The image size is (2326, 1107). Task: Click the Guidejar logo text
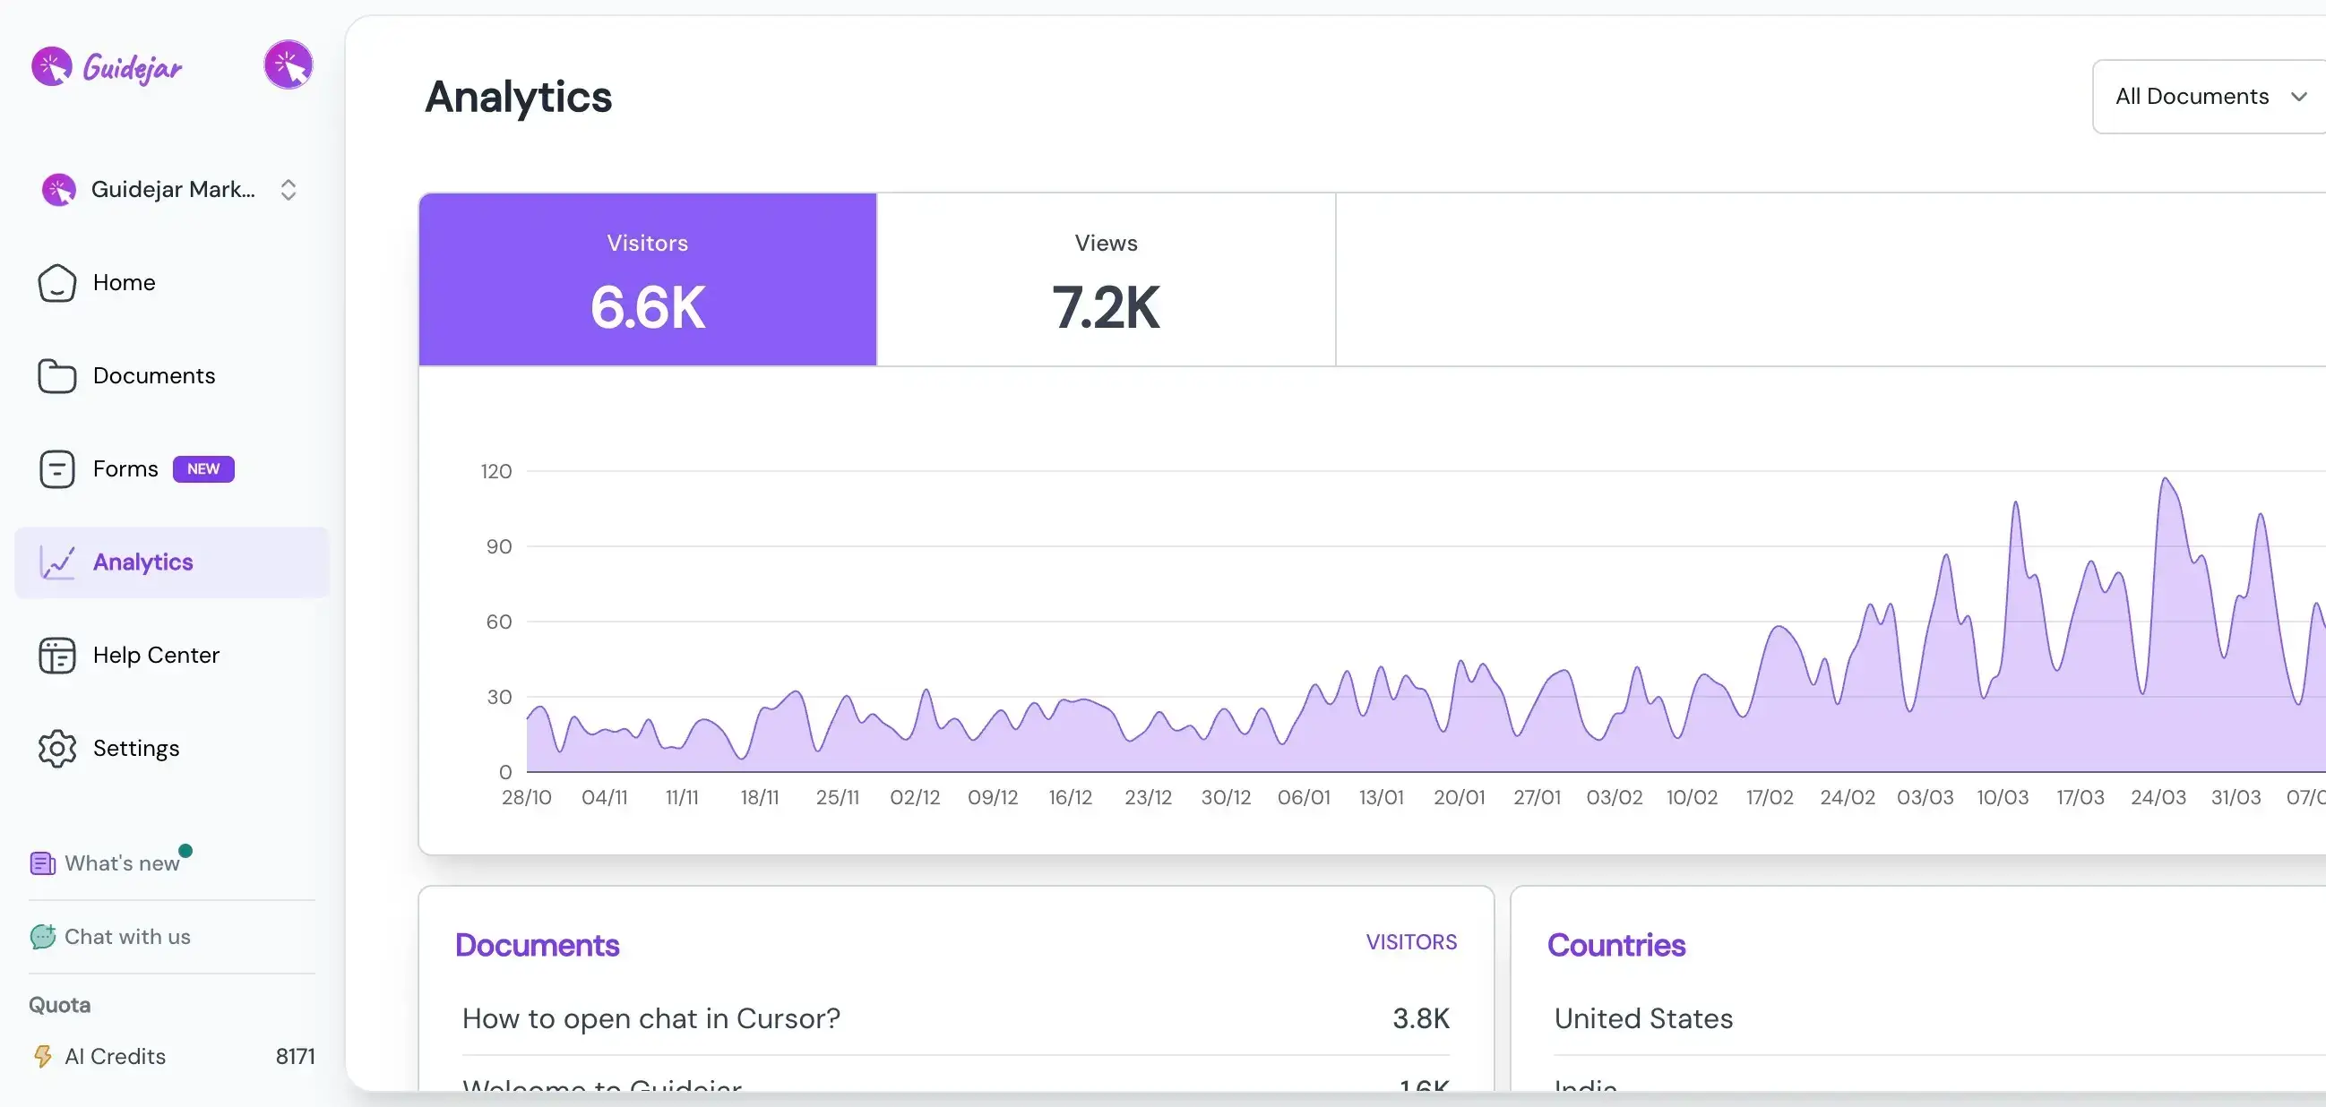pyautogui.click(x=132, y=68)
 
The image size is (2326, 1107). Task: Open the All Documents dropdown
pyautogui.click(x=2209, y=97)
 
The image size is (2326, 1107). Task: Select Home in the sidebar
pyautogui.click(x=124, y=283)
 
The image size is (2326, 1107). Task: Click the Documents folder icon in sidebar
pyautogui.click(x=56, y=375)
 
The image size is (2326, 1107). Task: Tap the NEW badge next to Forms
pyautogui.click(x=203, y=468)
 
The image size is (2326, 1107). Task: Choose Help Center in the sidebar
pyautogui.click(x=155, y=655)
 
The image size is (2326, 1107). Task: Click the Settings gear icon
pyautogui.click(x=56, y=748)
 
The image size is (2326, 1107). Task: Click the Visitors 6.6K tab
pyautogui.click(x=648, y=280)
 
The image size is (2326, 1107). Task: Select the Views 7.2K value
pyautogui.click(x=1106, y=307)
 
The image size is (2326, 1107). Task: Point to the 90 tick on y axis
pyautogui.click(x=498, y=546)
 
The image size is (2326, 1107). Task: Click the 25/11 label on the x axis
pyautogui.click(x=837, y=797)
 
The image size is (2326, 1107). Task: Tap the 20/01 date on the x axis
pyautogui.click(x=1459, y=797)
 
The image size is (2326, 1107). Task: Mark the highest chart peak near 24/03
pyautogui.click(x=2165, y=479)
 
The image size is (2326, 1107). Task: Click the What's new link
pyautogui.click(x=121, y=863)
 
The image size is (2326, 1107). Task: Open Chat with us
pyautogui.click(x=126, y=936)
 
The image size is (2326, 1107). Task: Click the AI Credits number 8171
pyautogui.click(x=296, y=1057)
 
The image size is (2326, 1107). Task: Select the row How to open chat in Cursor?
pyautogui.click(x=651, y=1018)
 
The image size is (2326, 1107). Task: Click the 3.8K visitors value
pyautogui.click(x=1420, y=1018)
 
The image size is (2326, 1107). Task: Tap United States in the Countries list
pyautogui.click(x=1642, y=1018)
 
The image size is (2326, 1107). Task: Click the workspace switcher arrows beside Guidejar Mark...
pyautogui.click(x=288, y=190)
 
